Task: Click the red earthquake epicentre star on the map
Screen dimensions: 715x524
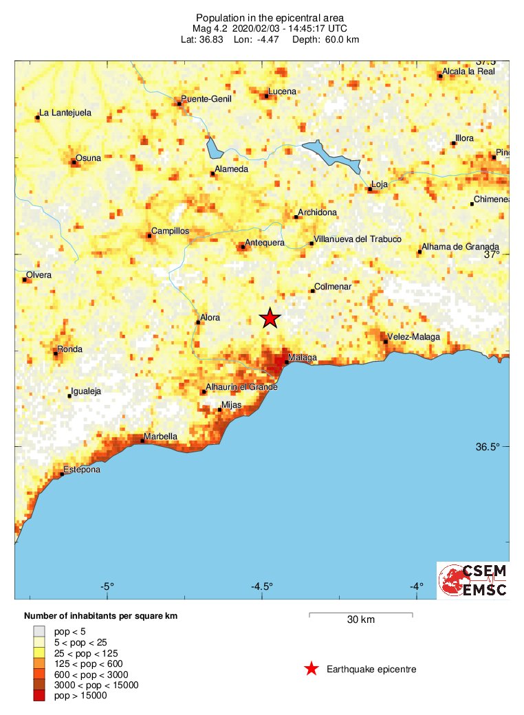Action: pos(270,318)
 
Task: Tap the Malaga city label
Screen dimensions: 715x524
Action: pos(303,357)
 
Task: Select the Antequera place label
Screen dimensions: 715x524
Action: pos(265,243)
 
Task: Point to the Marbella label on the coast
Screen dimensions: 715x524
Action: pos(160,437)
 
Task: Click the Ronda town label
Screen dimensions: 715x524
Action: pos(69,349)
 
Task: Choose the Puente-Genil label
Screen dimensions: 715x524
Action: pos(206,99)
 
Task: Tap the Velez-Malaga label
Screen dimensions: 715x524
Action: pos(413,337)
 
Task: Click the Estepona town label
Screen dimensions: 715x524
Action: pos(82,470)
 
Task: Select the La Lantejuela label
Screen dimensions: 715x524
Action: pos(65,113)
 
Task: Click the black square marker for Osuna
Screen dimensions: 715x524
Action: pos(74,162)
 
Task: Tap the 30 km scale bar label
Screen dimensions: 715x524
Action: pos(361,620)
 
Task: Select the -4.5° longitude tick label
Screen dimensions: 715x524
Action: pos(262,586)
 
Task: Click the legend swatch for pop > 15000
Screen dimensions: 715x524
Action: pos(39,696)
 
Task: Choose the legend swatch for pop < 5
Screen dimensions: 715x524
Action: pos(39,630)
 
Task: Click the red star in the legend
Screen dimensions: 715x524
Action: pos(312,669)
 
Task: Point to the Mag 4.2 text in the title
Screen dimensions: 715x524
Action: pos(211,28)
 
